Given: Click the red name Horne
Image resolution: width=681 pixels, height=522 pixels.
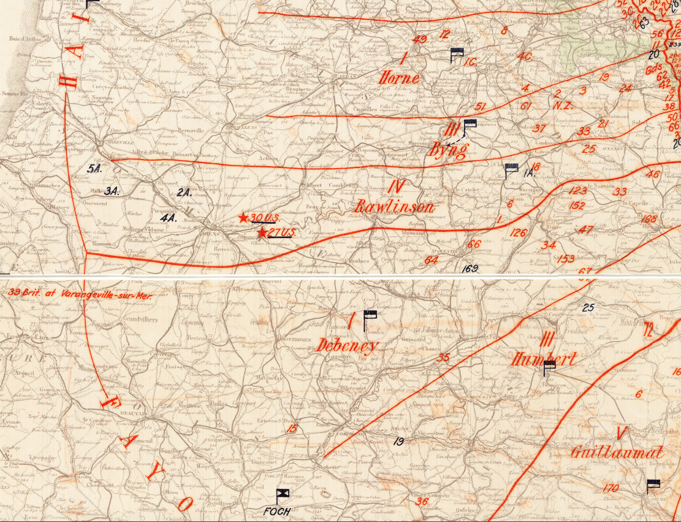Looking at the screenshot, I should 400,78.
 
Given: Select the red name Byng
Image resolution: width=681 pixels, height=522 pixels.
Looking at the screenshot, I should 449,149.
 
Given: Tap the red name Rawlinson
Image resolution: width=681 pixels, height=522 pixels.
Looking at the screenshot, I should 395,206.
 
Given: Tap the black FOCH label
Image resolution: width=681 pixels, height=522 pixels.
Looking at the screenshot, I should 276,511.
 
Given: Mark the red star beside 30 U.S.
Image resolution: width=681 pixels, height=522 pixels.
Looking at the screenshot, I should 243,218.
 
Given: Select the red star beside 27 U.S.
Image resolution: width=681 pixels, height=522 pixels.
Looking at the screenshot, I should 262,232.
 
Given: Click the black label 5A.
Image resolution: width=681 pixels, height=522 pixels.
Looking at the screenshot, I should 94,170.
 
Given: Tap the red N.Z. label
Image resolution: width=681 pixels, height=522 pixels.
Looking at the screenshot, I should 562,105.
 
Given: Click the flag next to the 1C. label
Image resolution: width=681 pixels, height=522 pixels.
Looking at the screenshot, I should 456,55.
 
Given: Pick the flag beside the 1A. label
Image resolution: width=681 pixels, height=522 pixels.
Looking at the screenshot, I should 511,170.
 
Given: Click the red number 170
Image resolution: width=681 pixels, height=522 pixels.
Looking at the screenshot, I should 611,488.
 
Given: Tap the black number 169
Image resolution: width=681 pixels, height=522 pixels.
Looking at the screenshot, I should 470,267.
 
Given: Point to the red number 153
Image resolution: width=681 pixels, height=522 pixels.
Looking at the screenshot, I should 566,259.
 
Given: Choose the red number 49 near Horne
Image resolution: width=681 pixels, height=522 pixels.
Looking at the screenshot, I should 420,40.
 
